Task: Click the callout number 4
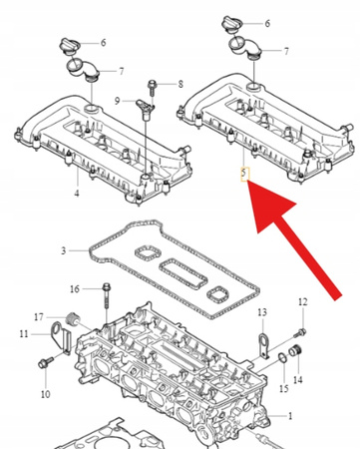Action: [x=77, y=193]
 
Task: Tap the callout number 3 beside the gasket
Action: [x=63, y=250]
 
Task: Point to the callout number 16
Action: [x=75, y=289]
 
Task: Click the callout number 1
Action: [x=290, y=415]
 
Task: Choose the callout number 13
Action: [x=263, y=312]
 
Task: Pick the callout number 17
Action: [x=39, y=318]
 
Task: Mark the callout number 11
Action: [x=22, y=334]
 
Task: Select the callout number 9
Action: [x=117, y=100]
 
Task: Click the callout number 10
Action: [x=43, y=393]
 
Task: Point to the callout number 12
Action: [x=303, y=301]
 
